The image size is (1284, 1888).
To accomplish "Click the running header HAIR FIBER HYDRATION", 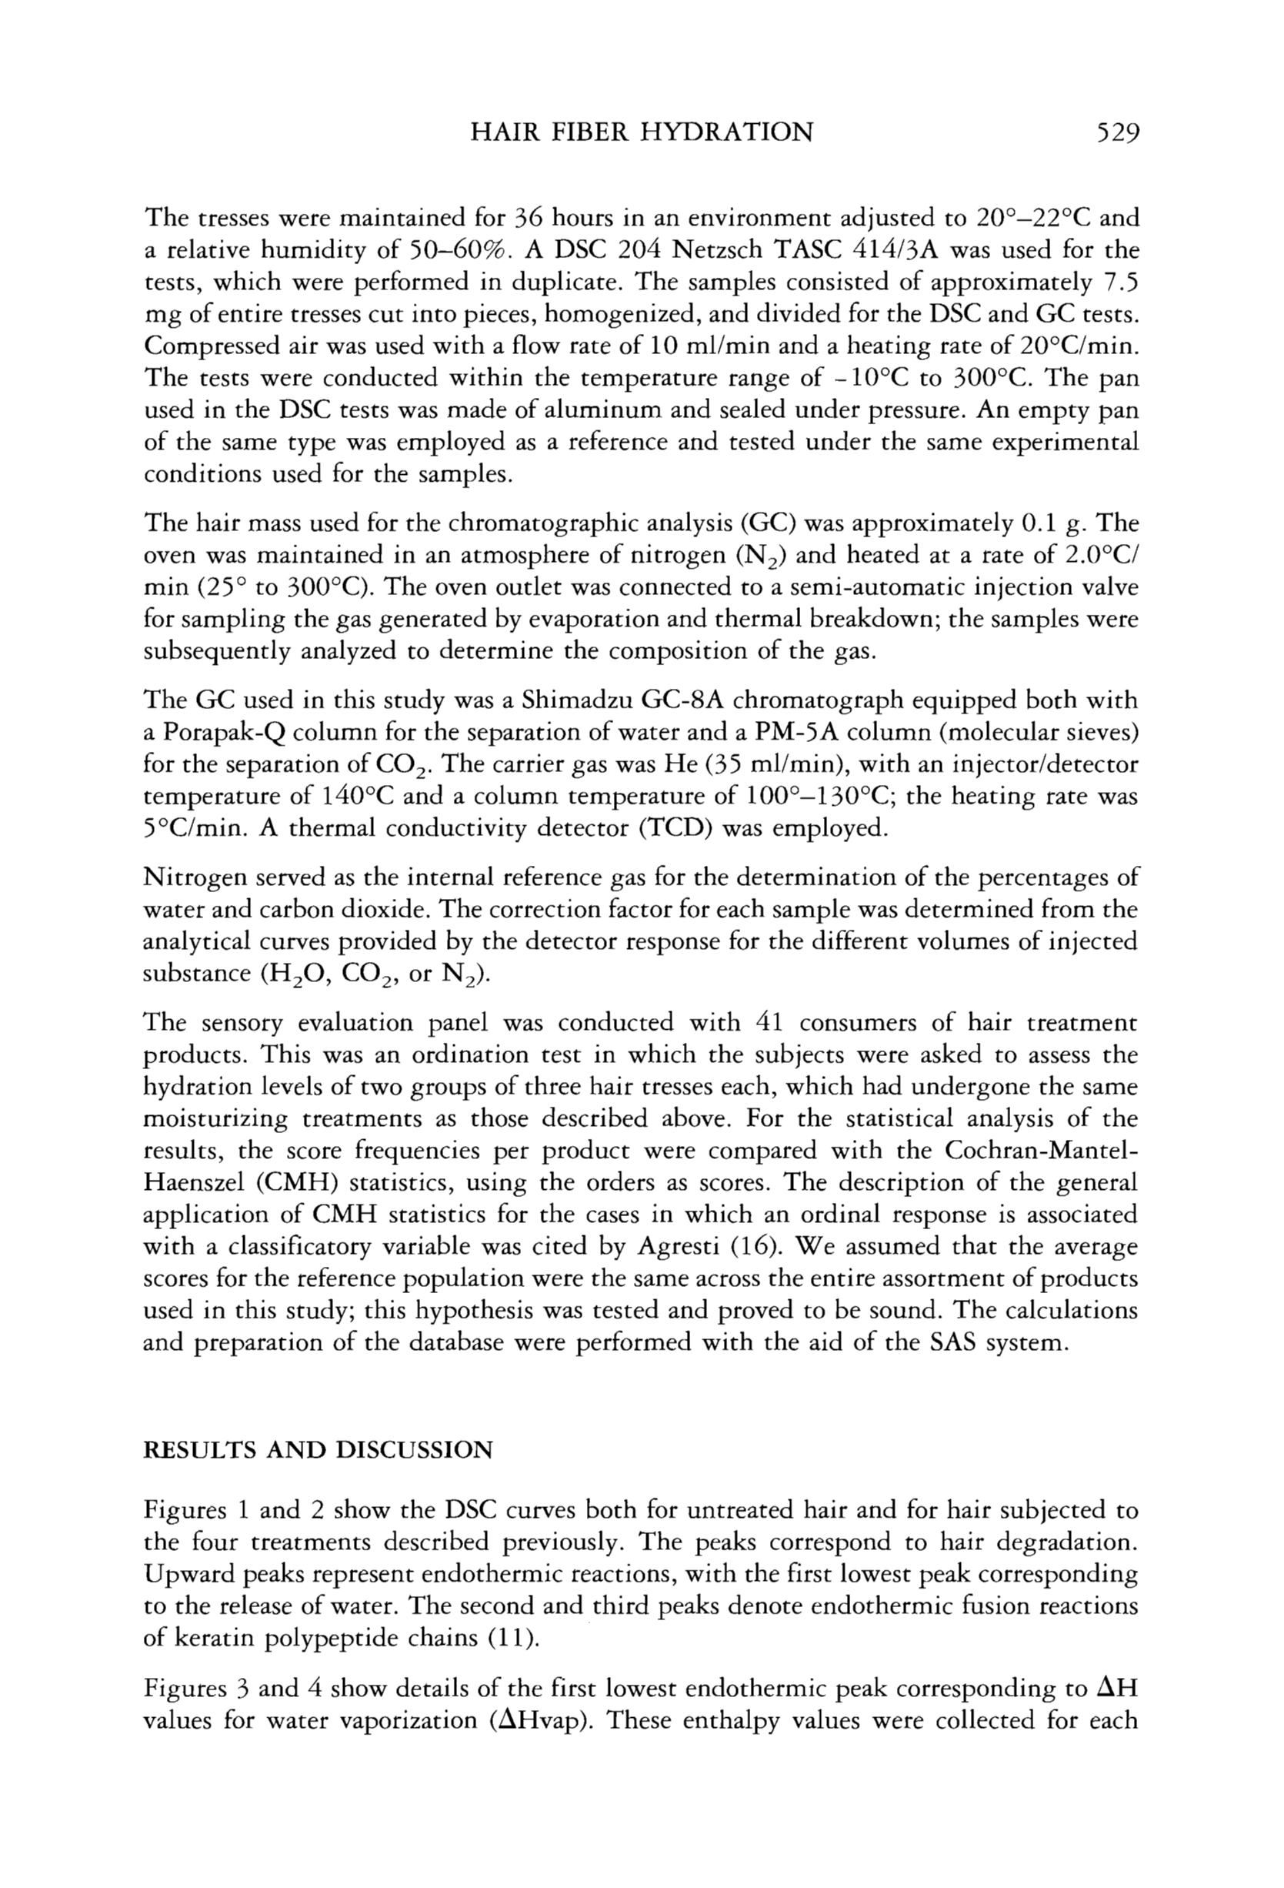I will pos(642,132).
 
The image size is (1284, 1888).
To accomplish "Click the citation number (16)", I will pos(919,1246).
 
